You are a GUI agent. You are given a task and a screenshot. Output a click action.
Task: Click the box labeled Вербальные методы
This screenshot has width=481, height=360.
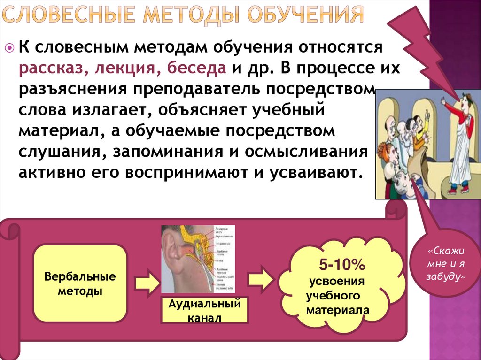tap(80, 283)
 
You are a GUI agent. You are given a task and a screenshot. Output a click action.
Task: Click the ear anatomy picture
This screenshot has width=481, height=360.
tap(198, 259)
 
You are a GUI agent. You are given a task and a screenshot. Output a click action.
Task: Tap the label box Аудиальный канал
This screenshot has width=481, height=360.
tap(204, 310)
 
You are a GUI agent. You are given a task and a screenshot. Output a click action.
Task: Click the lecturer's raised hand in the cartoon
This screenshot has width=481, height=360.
tap(443, 100)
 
